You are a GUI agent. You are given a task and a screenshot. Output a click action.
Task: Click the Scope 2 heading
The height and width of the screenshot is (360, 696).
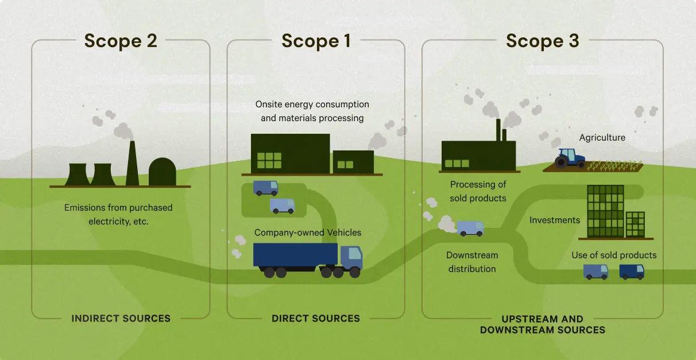point(121,41)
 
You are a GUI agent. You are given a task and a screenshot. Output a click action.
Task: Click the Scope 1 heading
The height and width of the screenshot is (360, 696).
point(316,41)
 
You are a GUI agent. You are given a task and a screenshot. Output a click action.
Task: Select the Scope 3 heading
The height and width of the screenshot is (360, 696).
point(542,41)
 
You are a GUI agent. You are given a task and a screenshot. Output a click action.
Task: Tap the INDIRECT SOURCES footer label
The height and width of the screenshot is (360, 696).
point(121,318)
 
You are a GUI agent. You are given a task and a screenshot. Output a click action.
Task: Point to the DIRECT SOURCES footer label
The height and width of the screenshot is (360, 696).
point(316,318)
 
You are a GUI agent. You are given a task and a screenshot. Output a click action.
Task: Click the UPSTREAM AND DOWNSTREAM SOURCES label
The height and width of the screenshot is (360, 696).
point(542,324)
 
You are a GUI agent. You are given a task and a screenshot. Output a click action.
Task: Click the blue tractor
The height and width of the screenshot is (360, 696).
point(570,158)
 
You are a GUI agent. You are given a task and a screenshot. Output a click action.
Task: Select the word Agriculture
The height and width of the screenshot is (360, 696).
point(602,138)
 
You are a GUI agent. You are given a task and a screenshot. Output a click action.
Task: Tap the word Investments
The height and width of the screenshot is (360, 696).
point(554,220)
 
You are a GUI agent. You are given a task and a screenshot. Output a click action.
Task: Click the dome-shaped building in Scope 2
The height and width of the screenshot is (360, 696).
point(162,172)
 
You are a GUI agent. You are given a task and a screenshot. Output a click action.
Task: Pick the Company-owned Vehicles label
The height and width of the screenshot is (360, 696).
point(308,233)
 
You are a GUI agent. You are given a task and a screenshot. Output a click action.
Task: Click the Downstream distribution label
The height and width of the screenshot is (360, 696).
point(472,262)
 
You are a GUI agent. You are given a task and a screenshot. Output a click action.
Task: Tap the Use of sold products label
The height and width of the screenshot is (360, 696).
point(613,255)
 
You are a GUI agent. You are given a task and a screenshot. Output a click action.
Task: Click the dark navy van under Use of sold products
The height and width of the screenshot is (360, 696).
point(632,271)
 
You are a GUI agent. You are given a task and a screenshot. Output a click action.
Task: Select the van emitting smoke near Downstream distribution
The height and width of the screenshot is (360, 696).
point(470,229)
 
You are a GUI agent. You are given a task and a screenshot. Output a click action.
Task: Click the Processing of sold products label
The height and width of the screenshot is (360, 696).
point(478,191)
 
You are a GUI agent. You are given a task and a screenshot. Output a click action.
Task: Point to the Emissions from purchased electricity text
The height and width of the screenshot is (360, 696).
point(118,214)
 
